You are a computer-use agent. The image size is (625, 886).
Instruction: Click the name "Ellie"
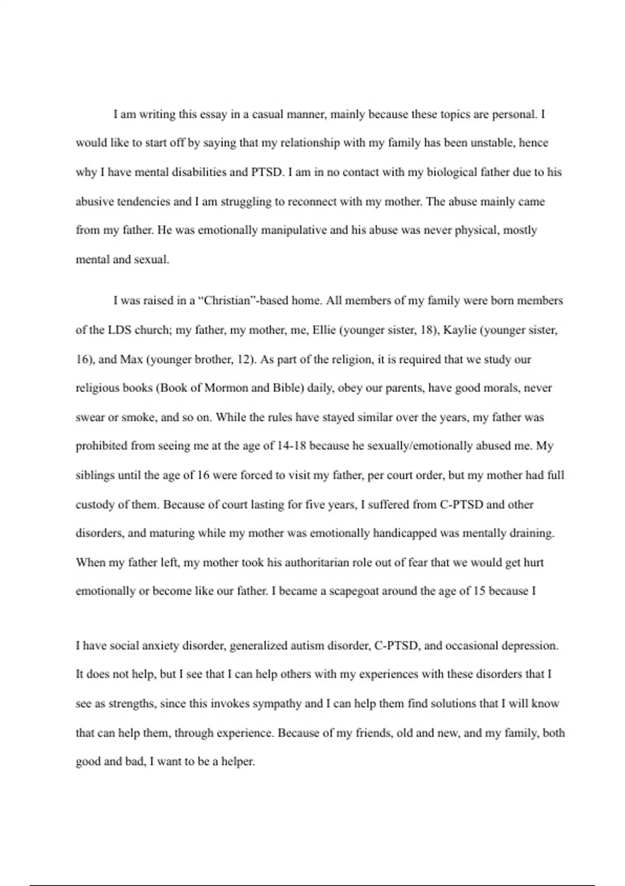324,330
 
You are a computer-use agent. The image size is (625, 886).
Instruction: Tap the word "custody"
95,504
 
